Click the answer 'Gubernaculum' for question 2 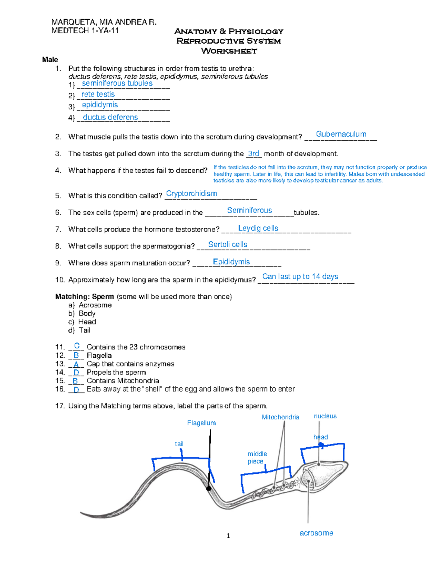341,134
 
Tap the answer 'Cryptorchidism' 191,194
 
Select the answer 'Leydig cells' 258,228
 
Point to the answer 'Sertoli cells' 228,245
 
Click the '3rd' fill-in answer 253,154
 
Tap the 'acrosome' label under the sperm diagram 316,533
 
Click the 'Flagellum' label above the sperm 201,423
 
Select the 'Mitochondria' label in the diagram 280,417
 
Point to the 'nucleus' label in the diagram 325,416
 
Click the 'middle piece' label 257,457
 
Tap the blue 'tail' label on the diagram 179,444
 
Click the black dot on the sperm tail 209,489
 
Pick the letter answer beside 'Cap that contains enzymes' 76,364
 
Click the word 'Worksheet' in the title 229,51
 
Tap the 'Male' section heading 50,60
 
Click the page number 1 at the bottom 228,536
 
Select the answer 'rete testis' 98,94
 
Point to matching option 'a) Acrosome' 90,305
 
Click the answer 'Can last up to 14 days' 300,277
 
